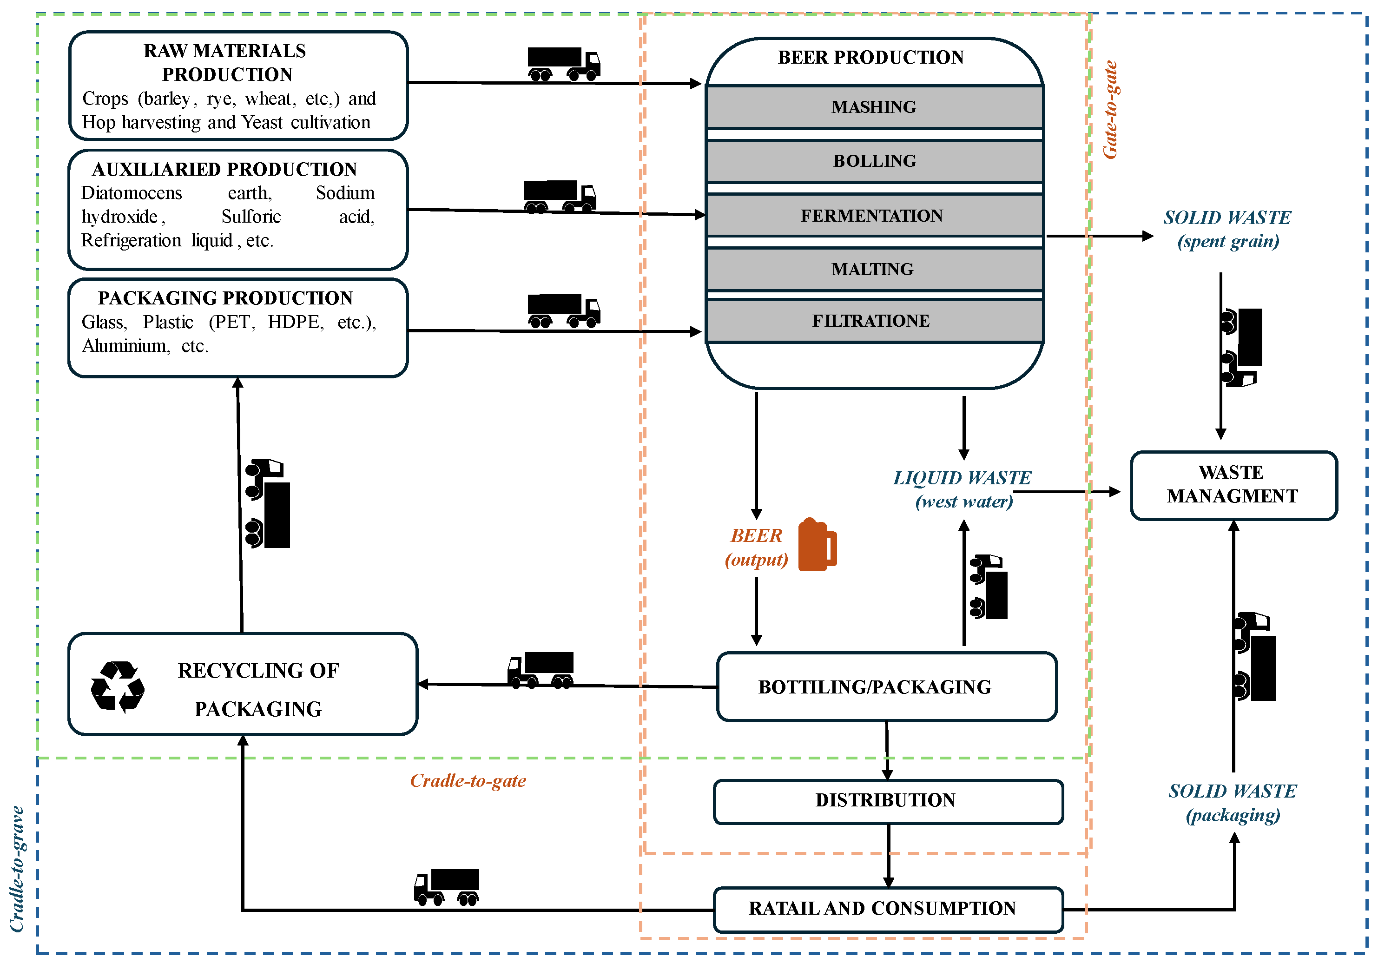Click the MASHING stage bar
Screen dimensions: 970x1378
(874, 107)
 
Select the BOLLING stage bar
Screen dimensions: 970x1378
(874, 161)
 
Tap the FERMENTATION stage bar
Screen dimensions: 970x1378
(874, 216)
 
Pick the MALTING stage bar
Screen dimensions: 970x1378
(874, 269)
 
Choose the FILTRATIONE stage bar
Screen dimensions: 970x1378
(874, 321)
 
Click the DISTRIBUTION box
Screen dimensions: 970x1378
(887, 801)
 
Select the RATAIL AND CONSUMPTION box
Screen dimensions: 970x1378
(887, 909)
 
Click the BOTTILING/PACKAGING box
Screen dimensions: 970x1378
(886, 686)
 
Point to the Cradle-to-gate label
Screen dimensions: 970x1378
(468, 780)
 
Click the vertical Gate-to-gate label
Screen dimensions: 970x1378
(1110, 110)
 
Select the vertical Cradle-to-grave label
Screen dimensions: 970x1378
(17, 869)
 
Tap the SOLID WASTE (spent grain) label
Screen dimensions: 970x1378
(1227, 229)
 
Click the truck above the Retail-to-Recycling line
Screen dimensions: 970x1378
(447, 886)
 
